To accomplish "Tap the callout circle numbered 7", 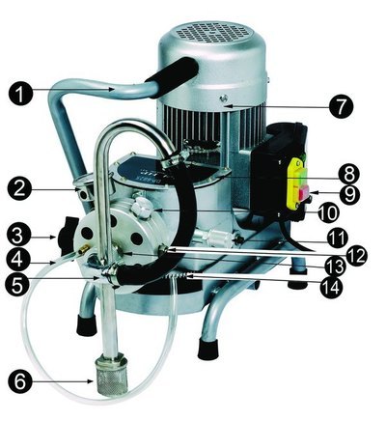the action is [342, 107].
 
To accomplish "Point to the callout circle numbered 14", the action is [332, 285].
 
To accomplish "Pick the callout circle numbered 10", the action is [328, 211].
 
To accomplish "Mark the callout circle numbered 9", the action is [349, 193].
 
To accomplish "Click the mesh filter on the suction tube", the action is [110, 374].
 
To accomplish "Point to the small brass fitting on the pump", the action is [85, 248].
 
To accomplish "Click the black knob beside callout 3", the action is [68, 236].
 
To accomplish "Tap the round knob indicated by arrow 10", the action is [142, 208].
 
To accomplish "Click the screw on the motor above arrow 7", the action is [221, 97].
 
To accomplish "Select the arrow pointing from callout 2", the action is [54, 190].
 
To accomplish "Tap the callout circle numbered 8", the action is [349, 174].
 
